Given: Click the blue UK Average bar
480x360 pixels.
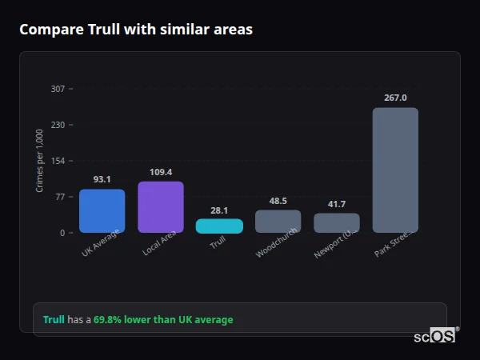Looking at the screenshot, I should coord(102,211).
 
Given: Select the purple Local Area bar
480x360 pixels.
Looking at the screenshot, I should coord(161,207).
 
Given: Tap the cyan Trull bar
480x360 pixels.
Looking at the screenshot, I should coord(219,226).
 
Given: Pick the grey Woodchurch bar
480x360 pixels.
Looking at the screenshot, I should coord(278,222).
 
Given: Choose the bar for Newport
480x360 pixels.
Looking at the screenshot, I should coord(337,223).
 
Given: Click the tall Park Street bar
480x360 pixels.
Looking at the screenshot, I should coord(395,170).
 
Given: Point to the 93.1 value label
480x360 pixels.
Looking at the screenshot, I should coord(102,180).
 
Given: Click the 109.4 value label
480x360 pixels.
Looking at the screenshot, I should coord(161,172).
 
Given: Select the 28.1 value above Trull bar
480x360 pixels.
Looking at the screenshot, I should coord(219,210).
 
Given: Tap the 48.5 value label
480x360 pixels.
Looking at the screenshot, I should coord(278,201).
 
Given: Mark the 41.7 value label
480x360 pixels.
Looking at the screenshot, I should coord(337,204).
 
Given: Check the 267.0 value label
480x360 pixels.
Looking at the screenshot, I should coord(395,98).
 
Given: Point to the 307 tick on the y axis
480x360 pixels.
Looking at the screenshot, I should coord(58,89).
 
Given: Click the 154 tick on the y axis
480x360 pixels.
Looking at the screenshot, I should coord(58,161).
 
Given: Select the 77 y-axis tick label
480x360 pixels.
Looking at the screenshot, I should coord(60,197).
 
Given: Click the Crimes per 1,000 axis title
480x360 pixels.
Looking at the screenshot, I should coord(40,162).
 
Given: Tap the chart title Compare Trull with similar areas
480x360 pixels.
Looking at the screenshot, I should coord(136,30).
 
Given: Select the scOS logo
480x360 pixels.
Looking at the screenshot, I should coord(434,337).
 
